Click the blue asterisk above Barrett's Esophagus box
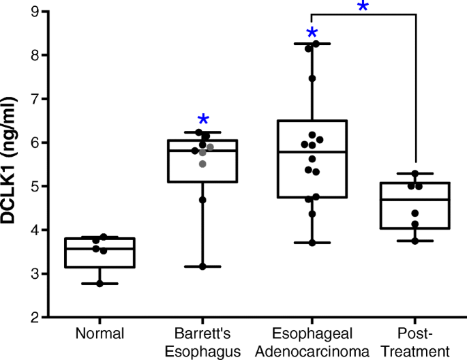(202, 121)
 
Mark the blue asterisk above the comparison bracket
(363, 7)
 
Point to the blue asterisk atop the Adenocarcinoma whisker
(312, 34)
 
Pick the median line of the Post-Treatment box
(414, 200)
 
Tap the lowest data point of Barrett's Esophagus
(202, 267)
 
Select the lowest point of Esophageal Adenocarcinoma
(312, 243)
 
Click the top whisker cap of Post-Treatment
(414, 173)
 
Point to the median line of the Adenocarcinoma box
(312, 152)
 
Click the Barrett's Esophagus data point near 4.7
(202, 200)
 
